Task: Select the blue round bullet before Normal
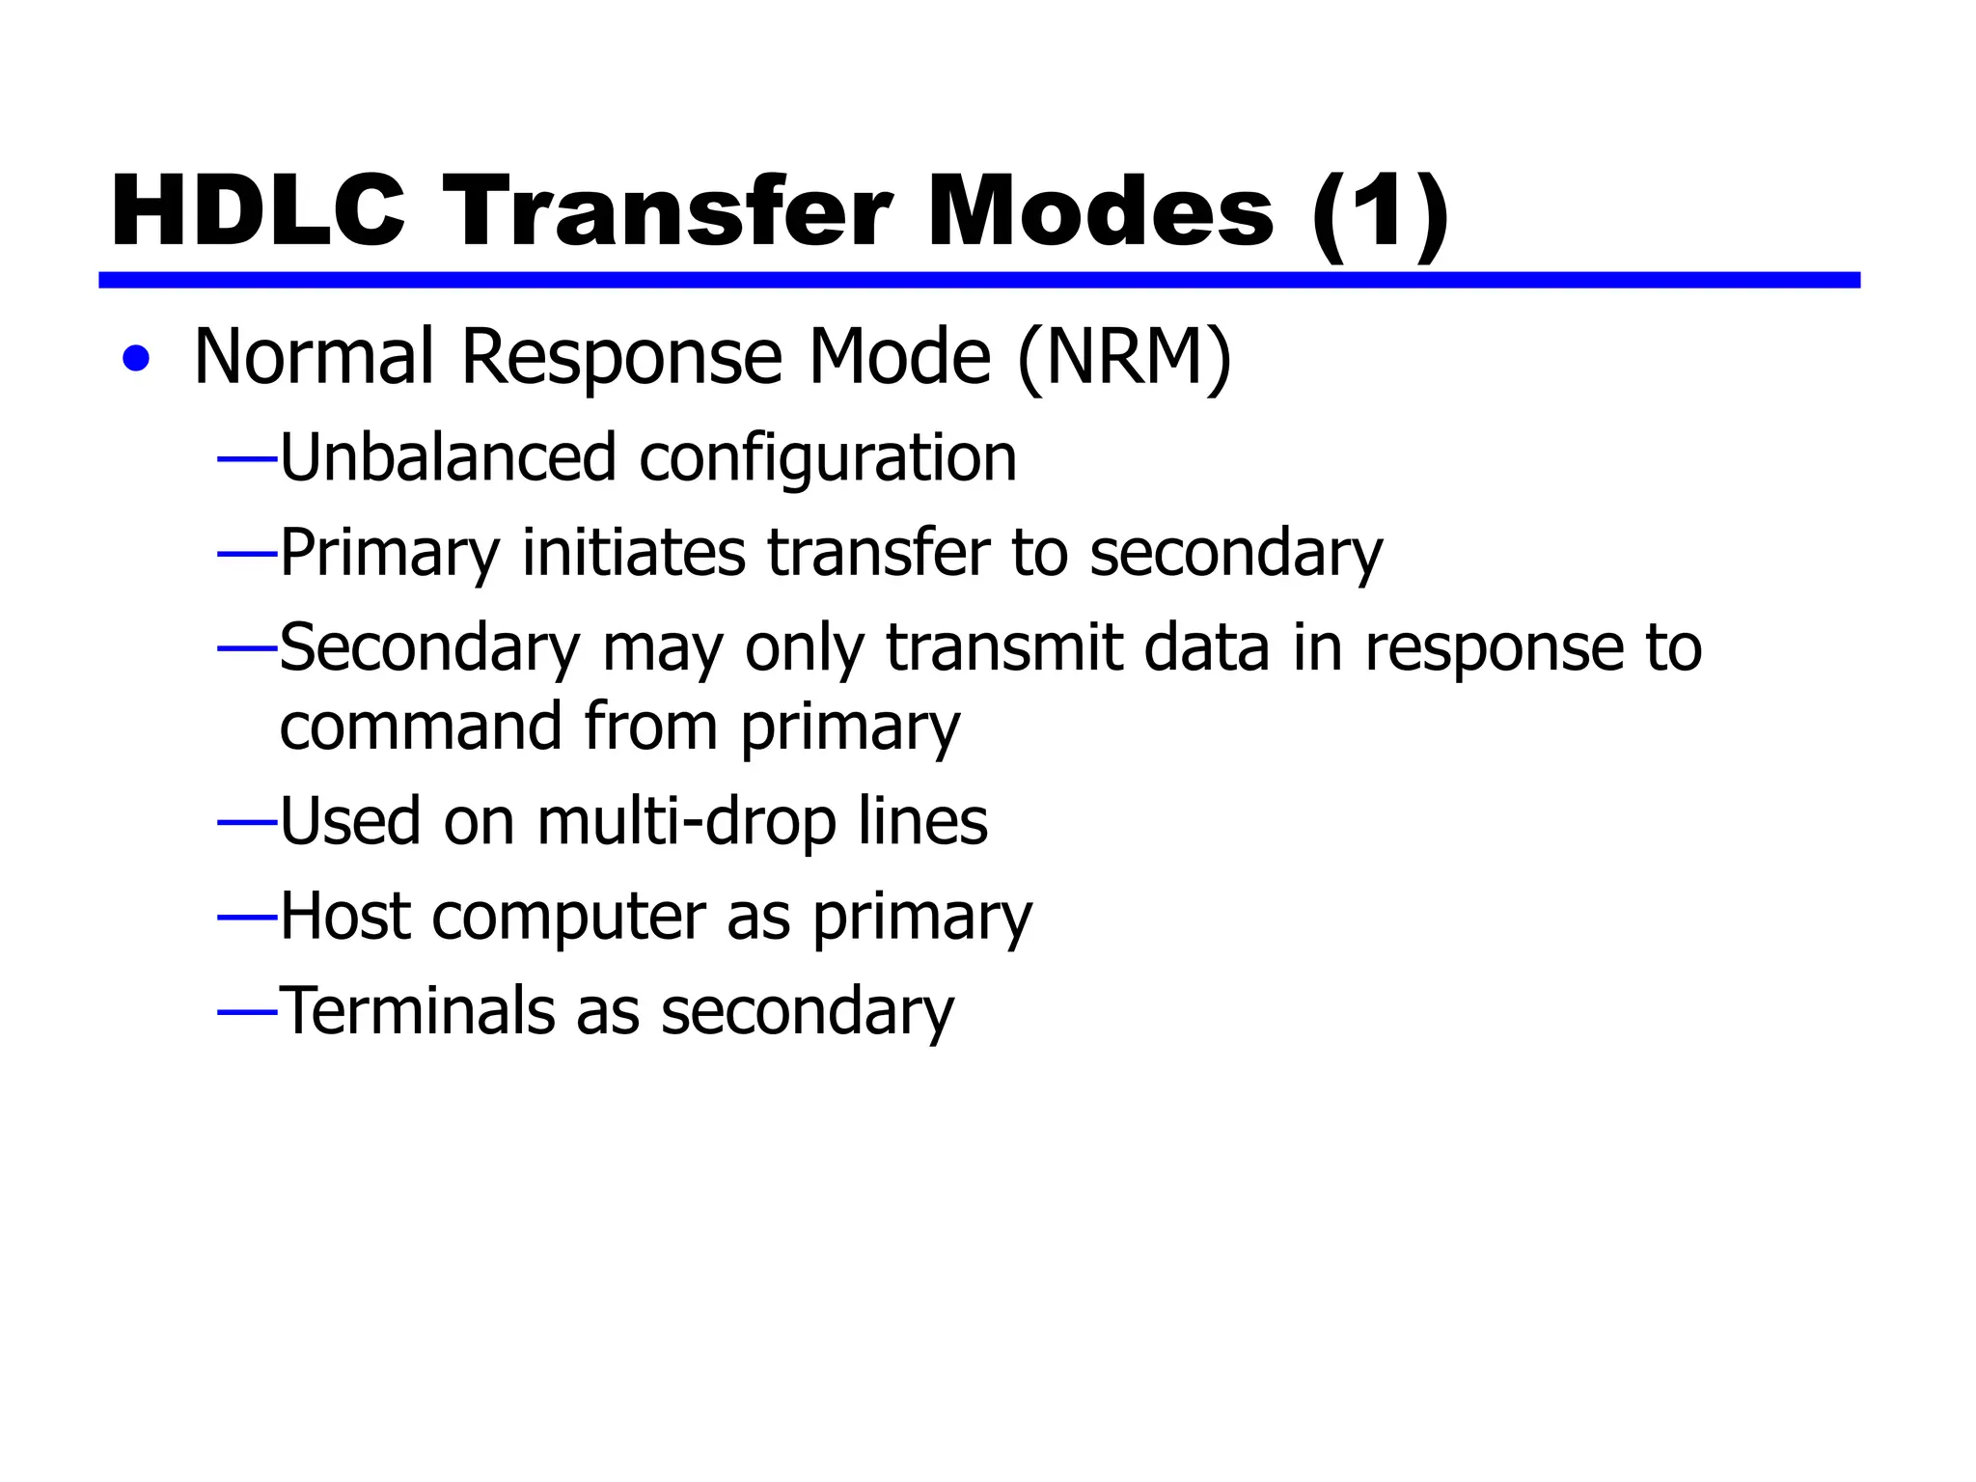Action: point(137,359)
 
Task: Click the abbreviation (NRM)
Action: point(1124,358)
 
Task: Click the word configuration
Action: point(828,459)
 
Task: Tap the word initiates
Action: point(633,553)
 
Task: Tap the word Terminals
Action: point(416,1011)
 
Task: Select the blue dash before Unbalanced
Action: point(248,460)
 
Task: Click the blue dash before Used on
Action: point(248,823)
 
